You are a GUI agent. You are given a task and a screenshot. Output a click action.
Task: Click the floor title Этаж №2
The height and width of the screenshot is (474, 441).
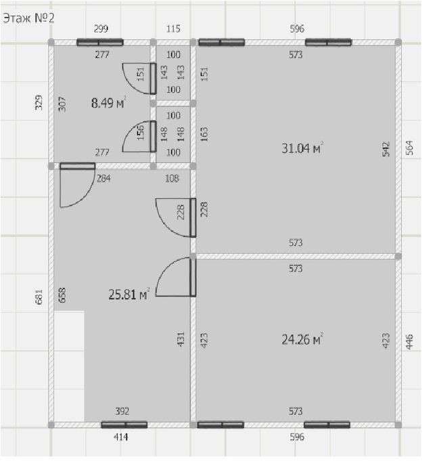click(28, 18)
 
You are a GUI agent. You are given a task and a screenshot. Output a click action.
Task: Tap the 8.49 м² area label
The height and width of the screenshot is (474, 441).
click(108, 103)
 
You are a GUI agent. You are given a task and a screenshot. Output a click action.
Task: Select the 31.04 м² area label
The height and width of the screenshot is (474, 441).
click(302, 148)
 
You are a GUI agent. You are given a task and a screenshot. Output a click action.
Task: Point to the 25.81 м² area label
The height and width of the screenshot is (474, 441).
click(129, 294)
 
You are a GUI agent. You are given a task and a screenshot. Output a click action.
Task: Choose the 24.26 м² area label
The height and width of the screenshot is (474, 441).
click(302, 339)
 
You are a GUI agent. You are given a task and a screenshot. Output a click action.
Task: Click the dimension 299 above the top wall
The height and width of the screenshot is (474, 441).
click(101, 28)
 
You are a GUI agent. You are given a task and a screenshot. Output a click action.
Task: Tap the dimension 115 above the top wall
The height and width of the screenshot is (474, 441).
click(173, 28)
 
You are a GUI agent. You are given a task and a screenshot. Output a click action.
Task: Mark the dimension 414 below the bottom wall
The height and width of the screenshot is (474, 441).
click(121, 437)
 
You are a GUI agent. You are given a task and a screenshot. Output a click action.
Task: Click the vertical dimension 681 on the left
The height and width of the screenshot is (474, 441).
click(39, 297)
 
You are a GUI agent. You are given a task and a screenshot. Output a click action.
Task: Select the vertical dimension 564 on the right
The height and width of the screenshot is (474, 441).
click(409, 148)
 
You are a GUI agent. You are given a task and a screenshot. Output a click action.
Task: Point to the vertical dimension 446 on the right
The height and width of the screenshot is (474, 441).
click(409, 341)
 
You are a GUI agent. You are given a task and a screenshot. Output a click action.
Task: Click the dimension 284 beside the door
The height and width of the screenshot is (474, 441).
click(103, 178)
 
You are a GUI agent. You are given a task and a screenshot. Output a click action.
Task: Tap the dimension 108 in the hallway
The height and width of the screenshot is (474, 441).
click(172, 178)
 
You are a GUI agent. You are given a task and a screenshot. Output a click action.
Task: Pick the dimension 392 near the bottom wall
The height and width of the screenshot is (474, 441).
click(122, 411)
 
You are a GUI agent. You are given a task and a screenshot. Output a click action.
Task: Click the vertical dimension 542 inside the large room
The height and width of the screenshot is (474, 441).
click(386, 149)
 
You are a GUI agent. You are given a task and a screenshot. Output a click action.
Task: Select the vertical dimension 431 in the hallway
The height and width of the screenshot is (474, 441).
click(181, 339)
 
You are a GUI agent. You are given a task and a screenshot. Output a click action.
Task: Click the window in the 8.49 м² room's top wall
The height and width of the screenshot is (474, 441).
click(100, 42)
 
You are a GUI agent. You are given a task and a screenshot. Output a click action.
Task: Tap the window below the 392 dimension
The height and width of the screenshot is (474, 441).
click(124, 425)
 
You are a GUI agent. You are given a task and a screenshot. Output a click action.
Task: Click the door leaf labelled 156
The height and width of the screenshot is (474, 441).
click(153, 136)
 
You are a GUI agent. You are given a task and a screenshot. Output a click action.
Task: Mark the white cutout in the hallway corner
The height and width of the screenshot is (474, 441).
click(69, 366)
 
